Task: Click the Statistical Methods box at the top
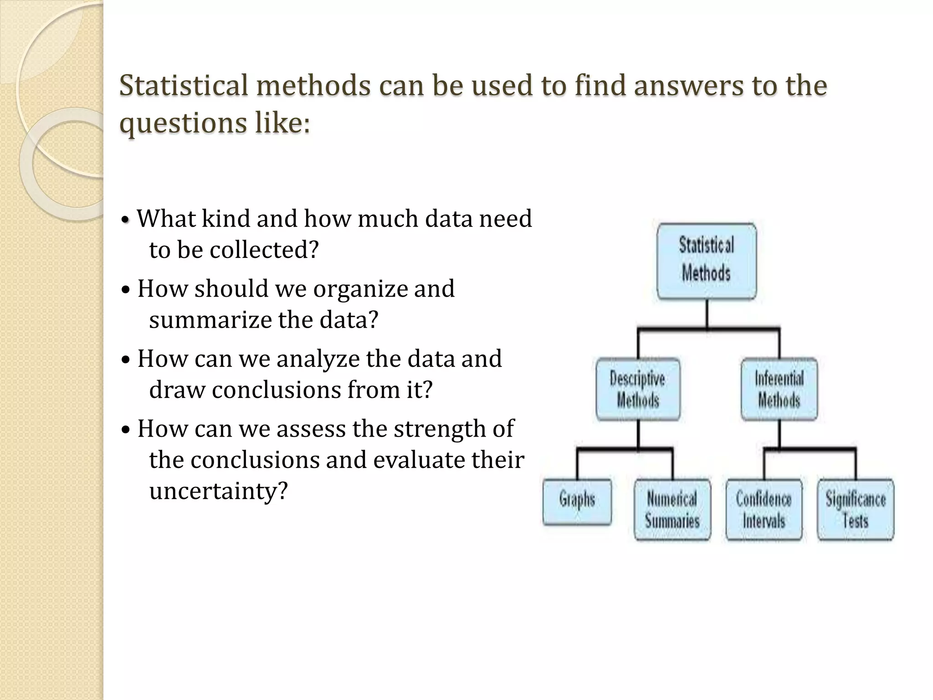tap(707, 261)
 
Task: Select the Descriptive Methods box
tap(638, 389)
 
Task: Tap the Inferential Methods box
tap(779, 389)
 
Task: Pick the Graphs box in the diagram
tap(577, 501)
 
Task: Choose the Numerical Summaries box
tap(672, 510)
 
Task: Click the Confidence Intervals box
tap(764, 510)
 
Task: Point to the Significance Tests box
tap(856, 510)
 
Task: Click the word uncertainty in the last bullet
tap(219, 491)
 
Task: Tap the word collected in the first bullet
tap(264, 250)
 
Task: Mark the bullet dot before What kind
tap(126, 221)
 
